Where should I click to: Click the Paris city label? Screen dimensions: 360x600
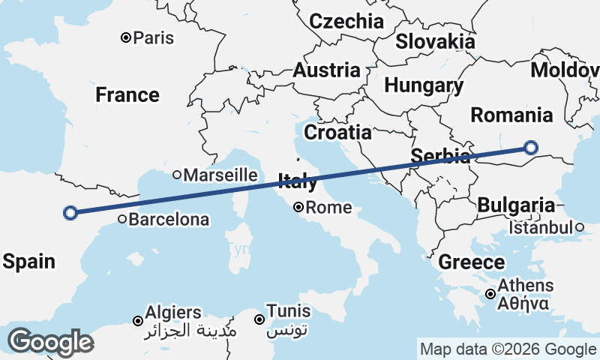pyautogui.click(x=153, y=37)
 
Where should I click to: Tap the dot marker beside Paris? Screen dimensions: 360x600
pyautogui.click(x=126, y=37)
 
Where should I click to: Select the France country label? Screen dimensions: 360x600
pyautogui.click(x=127, y=95)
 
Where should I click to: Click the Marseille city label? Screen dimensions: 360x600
pyautogui.click(x=220, y=175)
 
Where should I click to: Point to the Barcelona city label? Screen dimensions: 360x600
pyautogui.click(x=169, y=220)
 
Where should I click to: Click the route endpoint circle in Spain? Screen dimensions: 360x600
pyautogui.click(x=70, y=213)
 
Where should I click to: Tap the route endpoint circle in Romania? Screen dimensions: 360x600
pyautogui.click(x=531, y=148)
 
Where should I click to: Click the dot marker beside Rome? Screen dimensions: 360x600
pyautogui.click(x=298, y=207)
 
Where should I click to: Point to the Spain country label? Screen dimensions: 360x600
pyautogui.click(x=28, y=262)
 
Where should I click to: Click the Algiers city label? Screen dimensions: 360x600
pyautogui.click(x=175, y=313)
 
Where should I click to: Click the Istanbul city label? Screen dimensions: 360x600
pyautogui.click(x=541, y=226)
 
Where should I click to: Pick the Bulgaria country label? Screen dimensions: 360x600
pyautogui.click(x=517, y=205)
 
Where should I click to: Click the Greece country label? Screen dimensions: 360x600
pyautogui.click(x=472, y=262)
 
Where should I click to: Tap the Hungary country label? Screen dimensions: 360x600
pyautogui.click(x=423, y=85)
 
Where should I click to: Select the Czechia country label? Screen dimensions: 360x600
pyautogui.click(x=346, y=21)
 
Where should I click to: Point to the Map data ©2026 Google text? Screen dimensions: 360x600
pyautogui.click(x=508, y=349)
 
